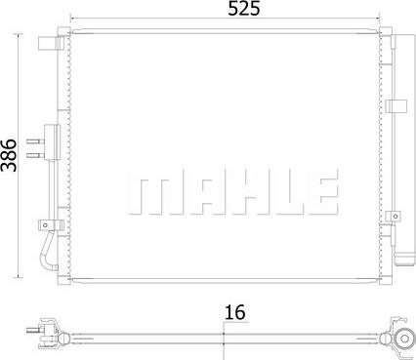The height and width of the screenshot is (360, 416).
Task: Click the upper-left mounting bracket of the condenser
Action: click(x=46, y=43)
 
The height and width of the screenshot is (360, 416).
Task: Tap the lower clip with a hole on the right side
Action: click(x=395, y=217)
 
